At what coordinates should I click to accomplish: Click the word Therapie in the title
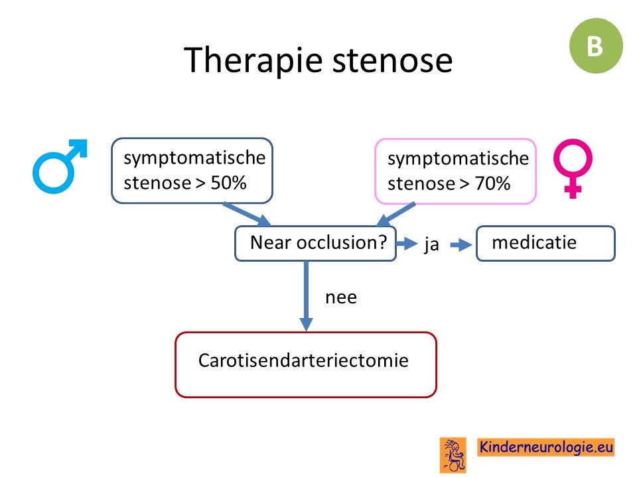[253, 61]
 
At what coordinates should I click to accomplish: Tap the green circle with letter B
[596, 46]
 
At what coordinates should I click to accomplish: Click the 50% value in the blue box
[228, 183]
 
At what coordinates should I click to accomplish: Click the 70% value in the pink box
[492, 184]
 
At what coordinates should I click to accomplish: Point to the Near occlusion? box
[315, 243]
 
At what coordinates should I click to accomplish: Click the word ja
[431, 244]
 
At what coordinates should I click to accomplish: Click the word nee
[341, 297]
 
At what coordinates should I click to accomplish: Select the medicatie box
[545, 243]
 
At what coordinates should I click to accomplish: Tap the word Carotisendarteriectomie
[303, 360]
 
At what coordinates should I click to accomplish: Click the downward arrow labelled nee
[307, 295]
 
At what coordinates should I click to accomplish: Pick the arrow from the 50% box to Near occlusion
[248, 214]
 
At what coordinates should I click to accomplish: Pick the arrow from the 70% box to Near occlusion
[396, 214]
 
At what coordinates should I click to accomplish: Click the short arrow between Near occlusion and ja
[407, 243]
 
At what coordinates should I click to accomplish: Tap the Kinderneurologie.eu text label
[546, 447]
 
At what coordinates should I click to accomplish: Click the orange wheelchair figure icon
[453, 455]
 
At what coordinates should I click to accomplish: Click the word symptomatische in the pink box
[459, 158]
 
